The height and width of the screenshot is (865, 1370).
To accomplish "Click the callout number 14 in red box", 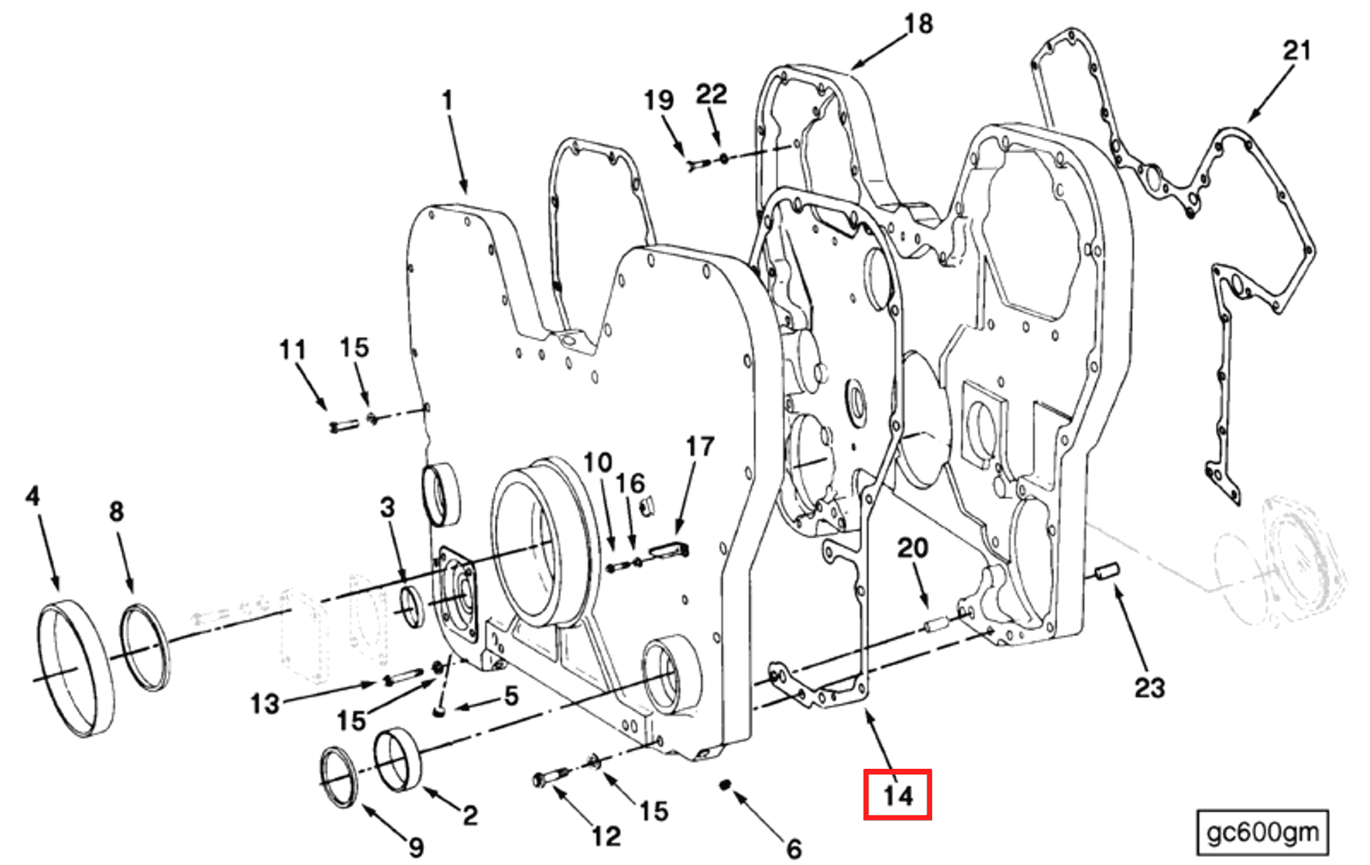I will (897, 795).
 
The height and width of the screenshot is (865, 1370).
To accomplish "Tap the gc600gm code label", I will (1262, 832).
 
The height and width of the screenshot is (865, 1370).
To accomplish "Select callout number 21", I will (1297, 51).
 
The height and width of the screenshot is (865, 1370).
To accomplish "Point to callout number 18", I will (918, 24).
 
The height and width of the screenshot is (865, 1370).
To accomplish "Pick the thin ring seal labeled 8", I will (145, 647).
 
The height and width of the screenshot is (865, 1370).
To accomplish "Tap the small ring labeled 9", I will (338, 776).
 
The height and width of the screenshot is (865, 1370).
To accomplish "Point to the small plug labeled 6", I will (724, 785).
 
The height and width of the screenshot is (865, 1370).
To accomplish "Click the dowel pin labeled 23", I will (1108, 572).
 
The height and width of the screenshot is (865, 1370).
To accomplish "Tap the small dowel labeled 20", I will (934, 627).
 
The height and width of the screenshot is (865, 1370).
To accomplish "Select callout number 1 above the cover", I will (447, 100).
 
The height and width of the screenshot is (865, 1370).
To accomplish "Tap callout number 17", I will (700, 447).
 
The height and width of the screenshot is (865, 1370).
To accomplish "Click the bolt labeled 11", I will (342, 426).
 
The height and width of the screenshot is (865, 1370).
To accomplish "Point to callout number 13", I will (264, 703).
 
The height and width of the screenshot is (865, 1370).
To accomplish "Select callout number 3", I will (387, 507).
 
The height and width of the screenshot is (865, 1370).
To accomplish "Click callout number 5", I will (511, 695).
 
